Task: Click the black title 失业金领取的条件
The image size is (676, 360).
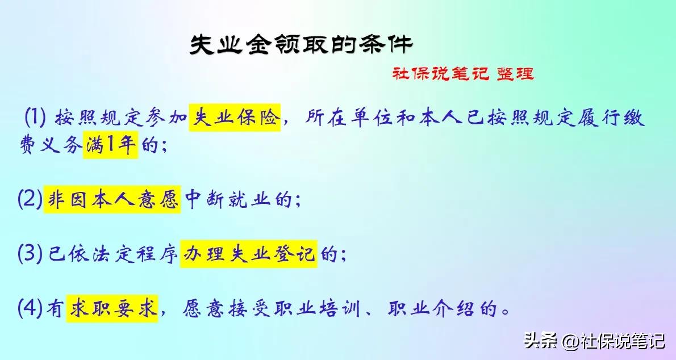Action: coord(301,44)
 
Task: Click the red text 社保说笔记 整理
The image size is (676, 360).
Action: coord(463,74)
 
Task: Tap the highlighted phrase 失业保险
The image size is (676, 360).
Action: coord(235,118)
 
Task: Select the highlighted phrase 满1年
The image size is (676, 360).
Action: coord(110,145)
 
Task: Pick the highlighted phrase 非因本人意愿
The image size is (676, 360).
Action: coord(112,200)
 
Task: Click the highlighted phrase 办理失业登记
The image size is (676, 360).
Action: coord(248,254)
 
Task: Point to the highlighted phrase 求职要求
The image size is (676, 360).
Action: coord(112,309)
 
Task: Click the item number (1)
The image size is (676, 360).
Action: coord(35,118)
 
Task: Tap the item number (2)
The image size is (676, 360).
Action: coord(30,200)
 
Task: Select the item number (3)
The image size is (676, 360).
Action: coord(30,254)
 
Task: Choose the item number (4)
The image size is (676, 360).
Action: coord(30,309)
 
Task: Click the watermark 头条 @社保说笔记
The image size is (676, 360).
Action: coord(595,341)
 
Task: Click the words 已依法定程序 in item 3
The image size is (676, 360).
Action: coord(112,254)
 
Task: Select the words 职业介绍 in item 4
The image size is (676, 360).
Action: coord(431,309)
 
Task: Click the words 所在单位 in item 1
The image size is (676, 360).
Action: coord(349,118)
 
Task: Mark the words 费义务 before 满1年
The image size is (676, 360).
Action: coord(51,145)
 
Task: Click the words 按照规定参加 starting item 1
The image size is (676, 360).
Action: coord(122,118)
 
